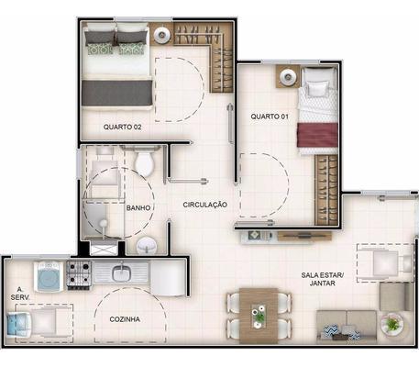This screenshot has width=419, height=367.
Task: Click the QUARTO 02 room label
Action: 122,127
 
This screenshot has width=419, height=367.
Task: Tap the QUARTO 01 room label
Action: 270,117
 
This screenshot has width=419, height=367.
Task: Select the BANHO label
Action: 138,208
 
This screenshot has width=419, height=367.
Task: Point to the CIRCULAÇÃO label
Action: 205,205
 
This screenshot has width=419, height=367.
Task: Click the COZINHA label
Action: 125,319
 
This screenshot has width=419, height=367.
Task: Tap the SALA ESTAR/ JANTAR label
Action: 323,279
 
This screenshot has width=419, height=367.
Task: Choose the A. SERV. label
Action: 20,294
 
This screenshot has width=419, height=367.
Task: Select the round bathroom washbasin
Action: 147,246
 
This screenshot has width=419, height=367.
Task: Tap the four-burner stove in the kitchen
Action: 79,275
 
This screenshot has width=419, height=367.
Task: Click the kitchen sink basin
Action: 122,272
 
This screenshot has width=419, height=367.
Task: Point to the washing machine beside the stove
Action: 49,276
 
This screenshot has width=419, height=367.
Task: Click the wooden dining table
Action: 259,315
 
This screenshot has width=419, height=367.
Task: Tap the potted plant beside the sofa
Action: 391,324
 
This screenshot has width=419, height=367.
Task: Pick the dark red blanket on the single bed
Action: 317,135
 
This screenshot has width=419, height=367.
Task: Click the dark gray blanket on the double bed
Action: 116,93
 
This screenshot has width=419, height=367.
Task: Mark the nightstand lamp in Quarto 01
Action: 288,75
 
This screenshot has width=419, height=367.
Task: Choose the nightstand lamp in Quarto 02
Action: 161,34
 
